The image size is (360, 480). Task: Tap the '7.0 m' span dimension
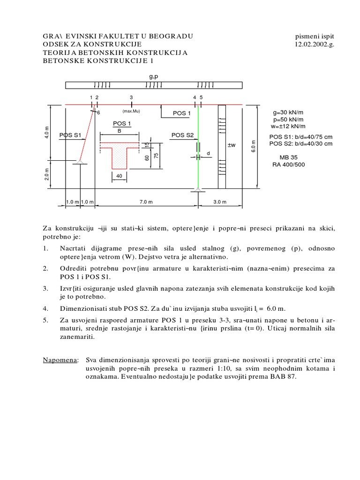(144, 202)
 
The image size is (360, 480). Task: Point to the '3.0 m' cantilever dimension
(219, 202)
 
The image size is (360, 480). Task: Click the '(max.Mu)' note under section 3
(131, 111)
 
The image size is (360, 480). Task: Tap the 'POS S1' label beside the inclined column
(70, 135)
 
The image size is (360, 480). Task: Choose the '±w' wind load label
(232, 145)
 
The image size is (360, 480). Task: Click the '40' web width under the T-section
(119, 176)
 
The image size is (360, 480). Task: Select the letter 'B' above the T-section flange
(119, 131)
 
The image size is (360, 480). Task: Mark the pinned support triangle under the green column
(198, 189)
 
